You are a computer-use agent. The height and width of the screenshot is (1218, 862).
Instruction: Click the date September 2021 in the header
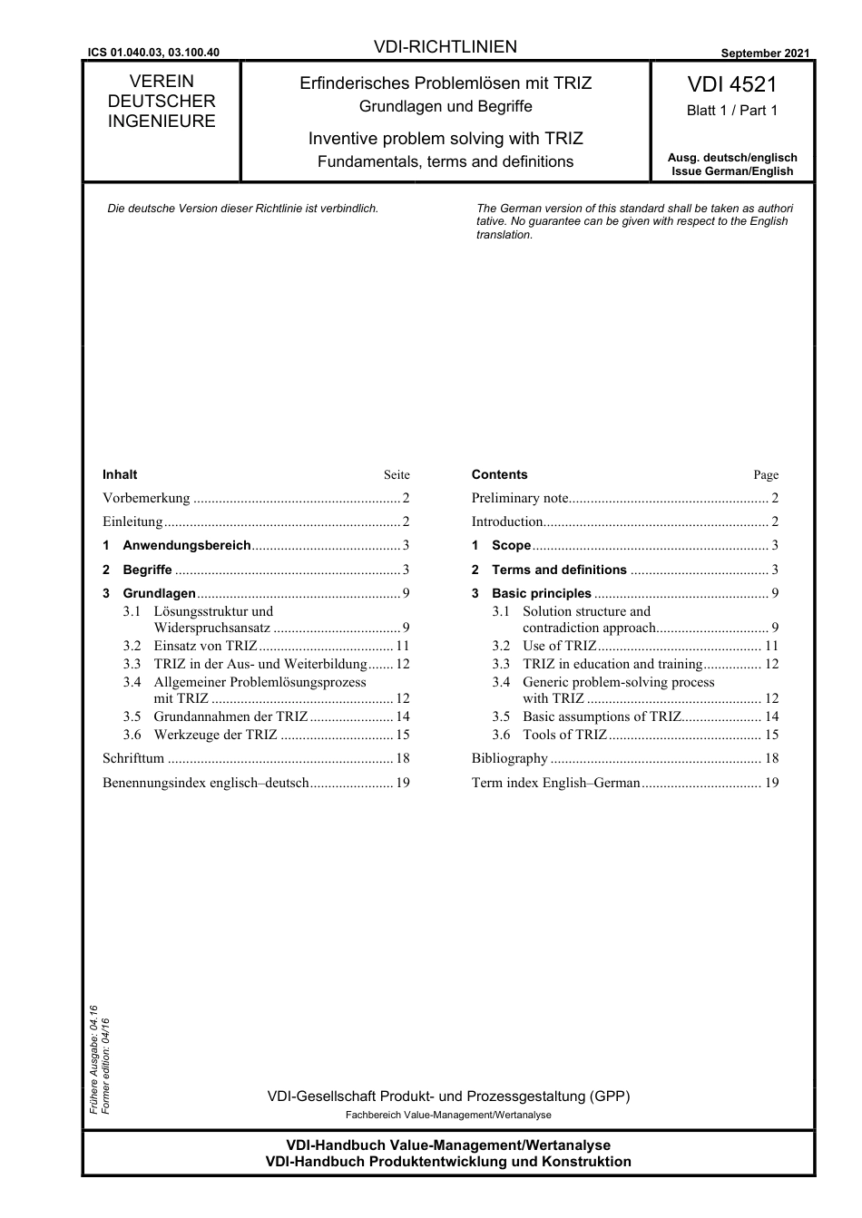tap(765, 54)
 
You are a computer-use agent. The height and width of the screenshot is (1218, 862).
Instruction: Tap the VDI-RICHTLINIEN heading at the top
tap(445, 47)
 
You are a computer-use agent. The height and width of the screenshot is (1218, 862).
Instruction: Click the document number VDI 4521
tap(731, 84)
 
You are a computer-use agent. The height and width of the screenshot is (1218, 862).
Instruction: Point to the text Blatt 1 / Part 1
tap(731, 111)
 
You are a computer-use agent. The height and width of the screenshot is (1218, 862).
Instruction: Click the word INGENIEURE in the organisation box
tap(162, 122)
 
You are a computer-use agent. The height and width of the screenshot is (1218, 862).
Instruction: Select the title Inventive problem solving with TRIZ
tap(446, 139)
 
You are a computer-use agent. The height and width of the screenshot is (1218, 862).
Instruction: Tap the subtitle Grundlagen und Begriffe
tap(446, 107)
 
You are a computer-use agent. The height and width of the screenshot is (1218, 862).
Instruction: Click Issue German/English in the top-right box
tap(731, 171)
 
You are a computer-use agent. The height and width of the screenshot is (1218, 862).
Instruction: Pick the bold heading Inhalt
tap(120, 474)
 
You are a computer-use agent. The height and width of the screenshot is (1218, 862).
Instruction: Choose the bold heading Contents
tap(499, 474)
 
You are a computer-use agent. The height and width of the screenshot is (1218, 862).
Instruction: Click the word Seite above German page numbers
tap(397, 475)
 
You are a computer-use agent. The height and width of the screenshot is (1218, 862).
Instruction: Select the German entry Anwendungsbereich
tap(186, 545)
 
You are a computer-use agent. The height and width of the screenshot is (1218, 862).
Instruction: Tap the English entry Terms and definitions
tap(559, 570)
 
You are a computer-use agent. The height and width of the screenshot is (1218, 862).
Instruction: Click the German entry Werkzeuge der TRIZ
tap(215, 735)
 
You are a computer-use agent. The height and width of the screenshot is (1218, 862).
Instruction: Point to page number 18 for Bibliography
tap(771, 758)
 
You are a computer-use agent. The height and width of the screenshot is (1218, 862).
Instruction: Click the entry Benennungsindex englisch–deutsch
tap(206, 783)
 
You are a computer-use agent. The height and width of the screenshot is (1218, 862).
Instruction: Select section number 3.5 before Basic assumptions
tap(501, 716)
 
